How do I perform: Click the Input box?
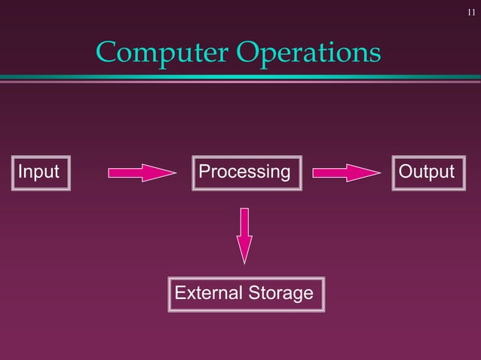(x=39, y=172)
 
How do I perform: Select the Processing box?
(x=244, y=172)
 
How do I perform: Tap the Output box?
(x=427, y=172)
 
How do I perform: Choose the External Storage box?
(x=245, y=293)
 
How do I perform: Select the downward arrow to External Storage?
(x=244, y=233)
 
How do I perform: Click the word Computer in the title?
(x=162, y=52)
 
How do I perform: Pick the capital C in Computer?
(x=106, y=52)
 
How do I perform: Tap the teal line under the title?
(x=240, y=77)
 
